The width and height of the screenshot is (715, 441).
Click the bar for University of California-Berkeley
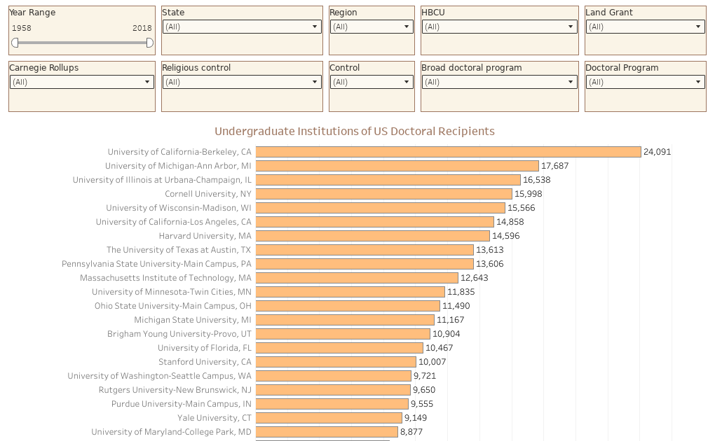(x=449, y=152)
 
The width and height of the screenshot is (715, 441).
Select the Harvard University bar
(x=373, y=236)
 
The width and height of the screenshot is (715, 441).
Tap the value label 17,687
(x=555, y=166)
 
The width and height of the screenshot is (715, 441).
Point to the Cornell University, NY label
(x=207, y=194)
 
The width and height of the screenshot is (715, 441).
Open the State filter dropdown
(x=242, y=27)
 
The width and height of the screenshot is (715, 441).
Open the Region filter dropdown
(x=372, y=27)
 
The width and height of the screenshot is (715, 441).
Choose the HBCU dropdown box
(x=499, y=27)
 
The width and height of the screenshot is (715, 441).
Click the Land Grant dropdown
(x=645, y=27)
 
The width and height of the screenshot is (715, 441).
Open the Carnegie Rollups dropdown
(x=81, y=82)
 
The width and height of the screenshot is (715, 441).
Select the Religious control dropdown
(x=242, y=82)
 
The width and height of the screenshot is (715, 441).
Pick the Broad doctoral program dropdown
(x=499, y=82)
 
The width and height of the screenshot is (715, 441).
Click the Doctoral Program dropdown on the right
(x=645, y=82)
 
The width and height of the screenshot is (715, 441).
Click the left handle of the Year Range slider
(x=15, y=43)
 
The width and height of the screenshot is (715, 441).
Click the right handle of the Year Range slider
(x=149, y=43)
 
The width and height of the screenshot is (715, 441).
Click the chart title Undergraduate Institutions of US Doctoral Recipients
(x=355, y=132)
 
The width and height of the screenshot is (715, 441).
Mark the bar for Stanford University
(x=336, y=362)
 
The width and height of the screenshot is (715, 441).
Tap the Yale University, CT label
(x=214, y=418)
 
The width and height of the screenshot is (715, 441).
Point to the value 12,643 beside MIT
(x=475, y=278)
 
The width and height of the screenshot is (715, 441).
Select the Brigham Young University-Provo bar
(x=343, y=334)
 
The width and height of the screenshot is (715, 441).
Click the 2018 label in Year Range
(x=142, y=28)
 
